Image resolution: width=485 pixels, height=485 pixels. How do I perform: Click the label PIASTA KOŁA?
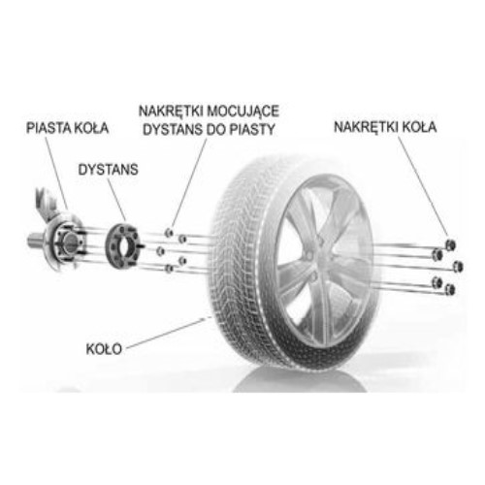(x=67, y=128)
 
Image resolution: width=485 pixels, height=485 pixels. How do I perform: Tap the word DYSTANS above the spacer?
(x=108, y=170)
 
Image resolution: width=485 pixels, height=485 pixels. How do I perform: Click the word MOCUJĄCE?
(x=243, y=112)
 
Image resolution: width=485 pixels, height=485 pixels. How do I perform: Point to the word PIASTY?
(x=252, y=130)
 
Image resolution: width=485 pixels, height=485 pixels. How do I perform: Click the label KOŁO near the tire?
(x=104, y=349)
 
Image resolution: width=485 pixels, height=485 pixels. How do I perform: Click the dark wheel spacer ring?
(x=123, y=244)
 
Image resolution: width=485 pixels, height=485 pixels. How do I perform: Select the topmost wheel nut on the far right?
(x=450, y=244)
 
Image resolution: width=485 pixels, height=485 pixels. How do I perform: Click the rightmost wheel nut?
(x=458, y=267)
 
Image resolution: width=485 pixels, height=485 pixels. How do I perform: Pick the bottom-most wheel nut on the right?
(x=450, y=289)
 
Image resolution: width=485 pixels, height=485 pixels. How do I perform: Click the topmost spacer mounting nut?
(x=169, y=232)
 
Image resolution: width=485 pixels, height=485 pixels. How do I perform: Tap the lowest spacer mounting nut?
(x=169, y=269)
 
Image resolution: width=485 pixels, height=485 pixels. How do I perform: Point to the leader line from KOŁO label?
(x=167, y=333)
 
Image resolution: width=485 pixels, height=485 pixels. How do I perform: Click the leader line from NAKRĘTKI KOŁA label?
(x=423, y=186)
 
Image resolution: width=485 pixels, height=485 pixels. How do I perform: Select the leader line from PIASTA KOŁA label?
(x=56, y=173)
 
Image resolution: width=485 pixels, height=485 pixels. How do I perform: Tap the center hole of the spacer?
(x=124, y=245)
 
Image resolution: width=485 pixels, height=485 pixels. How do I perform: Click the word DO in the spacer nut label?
(x=216, y=130)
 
